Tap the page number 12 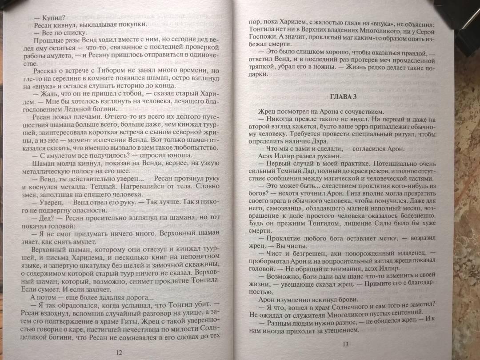click(118, 352)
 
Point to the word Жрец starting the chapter click(266, 112)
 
